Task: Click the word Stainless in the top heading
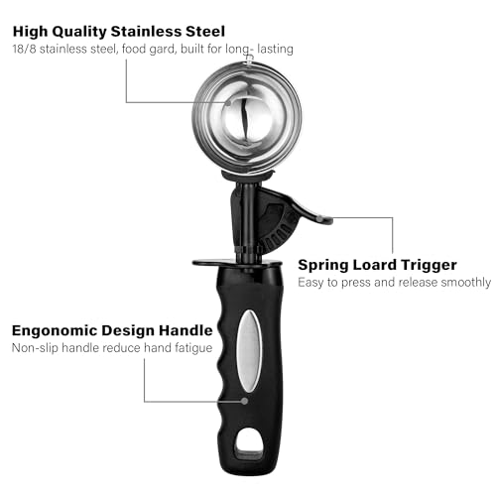[x=146, y=32]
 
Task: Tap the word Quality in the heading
[x=79, y=33]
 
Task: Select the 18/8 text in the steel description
[x=24, y=49]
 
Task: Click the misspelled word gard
[x=162, y=50]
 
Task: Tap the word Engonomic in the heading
[x=55, y=331]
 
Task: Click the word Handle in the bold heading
[x=186, y=330]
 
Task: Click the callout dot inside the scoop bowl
[x=228, y=102]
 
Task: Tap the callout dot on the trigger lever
[x=319, y=218]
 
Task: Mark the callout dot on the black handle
[x=244, y=401]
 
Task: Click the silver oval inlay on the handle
[x=250, y=351]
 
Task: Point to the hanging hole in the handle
[x=249, y=443]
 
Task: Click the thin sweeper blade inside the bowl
[x=245, y=121]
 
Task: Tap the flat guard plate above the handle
[x=237, y=264]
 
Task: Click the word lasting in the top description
[x=275, y=49]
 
